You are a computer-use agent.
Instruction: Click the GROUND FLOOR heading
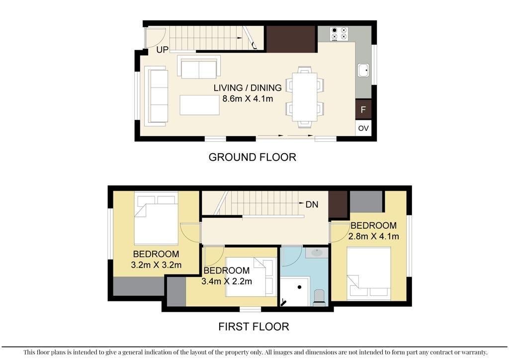click(x=252, y=157)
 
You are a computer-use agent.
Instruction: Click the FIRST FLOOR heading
click(x=254, y=326)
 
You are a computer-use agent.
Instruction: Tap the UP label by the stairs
click(x=163, y=50)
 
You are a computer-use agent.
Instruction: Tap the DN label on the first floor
click(x=312, y=204)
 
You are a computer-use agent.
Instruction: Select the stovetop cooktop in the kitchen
click(x=339, y=34)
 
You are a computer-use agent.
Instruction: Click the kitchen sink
click(x=363, y=70)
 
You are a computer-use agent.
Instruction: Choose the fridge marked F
click(x=363, y=109)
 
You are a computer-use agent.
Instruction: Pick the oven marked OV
click(x=363, y=128)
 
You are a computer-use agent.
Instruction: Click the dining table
click(x=305, y=97)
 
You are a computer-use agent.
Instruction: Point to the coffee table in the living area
click(x=200, y=104)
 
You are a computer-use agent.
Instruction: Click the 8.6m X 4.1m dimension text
click(x=248, y=98)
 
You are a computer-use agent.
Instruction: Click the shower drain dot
click(x=300, y=287)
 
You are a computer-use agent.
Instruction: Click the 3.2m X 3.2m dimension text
click(x=156, y=265)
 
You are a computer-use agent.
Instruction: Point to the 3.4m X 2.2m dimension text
click(x=227, y=281)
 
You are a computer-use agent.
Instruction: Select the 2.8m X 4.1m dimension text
click(x=374, y=236)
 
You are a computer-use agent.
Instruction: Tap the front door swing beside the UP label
click(x=155, y=37)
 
